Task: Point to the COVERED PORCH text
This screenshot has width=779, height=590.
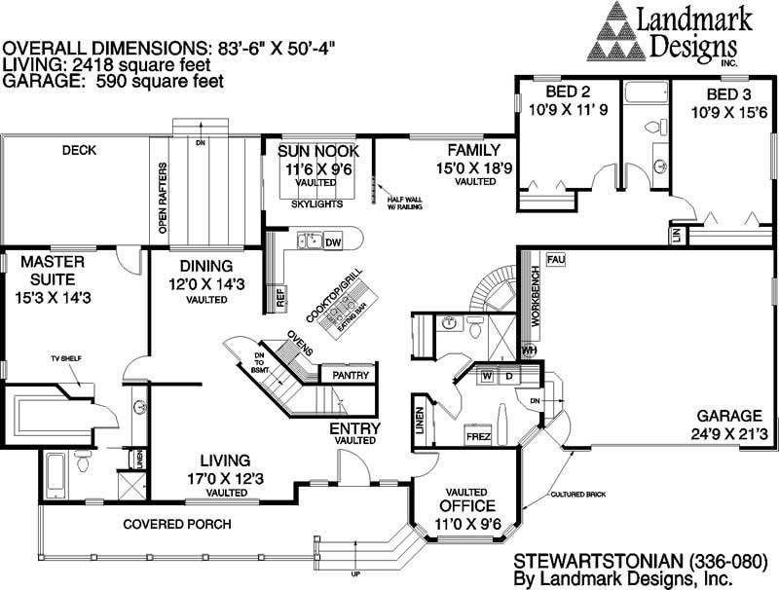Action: point(176,525)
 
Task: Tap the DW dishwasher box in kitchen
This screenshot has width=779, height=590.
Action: point(332,241)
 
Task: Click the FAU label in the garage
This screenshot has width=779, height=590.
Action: point(556,260)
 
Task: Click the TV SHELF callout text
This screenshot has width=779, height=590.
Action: point(65,359)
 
